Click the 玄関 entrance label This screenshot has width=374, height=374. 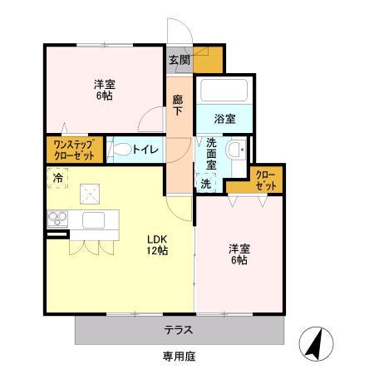pos(180,60)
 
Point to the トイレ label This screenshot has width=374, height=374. pos(150,150)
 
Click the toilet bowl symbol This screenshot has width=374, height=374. pos(122,150)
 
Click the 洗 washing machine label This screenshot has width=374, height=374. pos(204,183)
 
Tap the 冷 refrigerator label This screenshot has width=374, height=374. pos(57,179)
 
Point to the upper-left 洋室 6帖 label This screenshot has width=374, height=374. pos(104,90)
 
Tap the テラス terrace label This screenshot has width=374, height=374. pos(178,329)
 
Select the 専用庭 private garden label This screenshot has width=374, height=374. pos(178,357)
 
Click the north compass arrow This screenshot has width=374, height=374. pos(317,342)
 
